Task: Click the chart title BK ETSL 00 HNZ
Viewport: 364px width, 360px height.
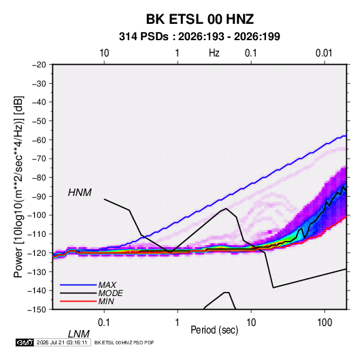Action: pos(200,19)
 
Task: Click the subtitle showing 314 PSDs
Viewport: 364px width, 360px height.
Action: pos(199,37)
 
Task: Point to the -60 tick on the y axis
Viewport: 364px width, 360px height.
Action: pos(39,140)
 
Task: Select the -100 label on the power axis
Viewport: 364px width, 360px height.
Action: pos(37,215)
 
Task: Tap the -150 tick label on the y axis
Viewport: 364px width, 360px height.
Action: pos(37,310)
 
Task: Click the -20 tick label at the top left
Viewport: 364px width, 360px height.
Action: pos(39,65)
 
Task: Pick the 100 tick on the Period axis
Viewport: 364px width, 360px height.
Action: pos(325,323)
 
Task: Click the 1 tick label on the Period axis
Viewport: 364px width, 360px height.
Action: pos(178,323)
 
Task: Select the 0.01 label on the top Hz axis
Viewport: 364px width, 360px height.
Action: pos(324,53)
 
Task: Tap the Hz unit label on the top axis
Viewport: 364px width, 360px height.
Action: pos(214,53)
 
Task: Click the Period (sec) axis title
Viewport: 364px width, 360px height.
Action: pos(214,330)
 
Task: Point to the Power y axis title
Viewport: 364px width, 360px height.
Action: pos(18,187)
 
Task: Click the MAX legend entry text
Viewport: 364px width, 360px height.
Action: pos(107,285)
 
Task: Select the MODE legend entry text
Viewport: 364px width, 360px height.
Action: pos(110,293)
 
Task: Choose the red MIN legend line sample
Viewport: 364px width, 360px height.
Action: pos(78,301)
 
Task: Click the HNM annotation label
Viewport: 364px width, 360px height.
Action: pos(80,193)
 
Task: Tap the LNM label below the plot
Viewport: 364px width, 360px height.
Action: pos(78,334)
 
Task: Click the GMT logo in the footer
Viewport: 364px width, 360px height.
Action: pos(24,342)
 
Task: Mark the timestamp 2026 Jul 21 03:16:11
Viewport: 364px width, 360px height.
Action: pos(62,342)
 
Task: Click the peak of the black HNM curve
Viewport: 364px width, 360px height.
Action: pos(226,208)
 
